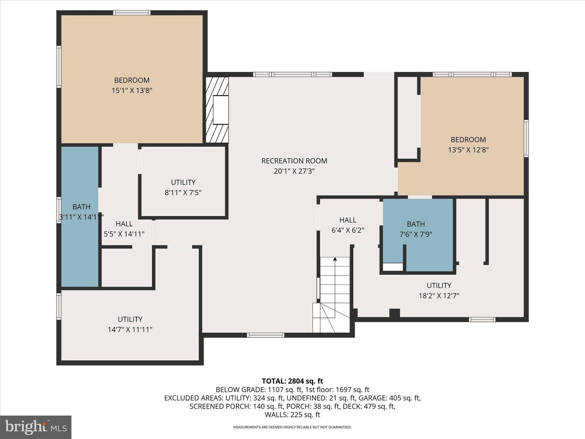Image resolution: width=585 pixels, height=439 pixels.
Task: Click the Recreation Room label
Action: (x=294, y=161)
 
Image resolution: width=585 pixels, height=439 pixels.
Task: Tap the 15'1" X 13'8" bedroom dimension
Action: (x=132, y=91)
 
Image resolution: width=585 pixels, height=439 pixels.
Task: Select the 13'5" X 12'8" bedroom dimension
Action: (x=468, y=150)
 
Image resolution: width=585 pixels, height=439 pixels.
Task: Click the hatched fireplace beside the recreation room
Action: (x=217, y=110)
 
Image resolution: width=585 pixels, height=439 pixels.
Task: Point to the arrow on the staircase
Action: (x=335, y=259)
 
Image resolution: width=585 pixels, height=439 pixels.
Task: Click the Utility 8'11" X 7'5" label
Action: (x=183, y=187)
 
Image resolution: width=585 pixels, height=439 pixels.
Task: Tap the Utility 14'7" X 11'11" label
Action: (x=130, y=324)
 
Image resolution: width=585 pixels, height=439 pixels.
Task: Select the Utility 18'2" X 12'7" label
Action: (x=439, y=291)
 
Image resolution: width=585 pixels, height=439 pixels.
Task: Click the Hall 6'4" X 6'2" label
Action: (x=348, y=225)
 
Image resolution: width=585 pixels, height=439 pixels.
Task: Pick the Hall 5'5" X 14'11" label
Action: (x=124, y=229)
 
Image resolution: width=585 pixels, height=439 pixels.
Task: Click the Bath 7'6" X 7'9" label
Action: (x=416, y=229)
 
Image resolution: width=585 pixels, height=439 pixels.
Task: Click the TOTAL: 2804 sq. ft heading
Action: (x=292, y=381)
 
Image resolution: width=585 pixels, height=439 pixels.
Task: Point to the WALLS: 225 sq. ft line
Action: (x=292, y=415)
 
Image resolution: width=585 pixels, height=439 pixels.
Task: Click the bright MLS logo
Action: (x=36, y=427)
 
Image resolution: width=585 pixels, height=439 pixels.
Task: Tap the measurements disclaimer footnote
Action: (x=292, y=427)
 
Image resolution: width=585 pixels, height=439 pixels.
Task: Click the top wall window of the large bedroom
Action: (x=132, y=13)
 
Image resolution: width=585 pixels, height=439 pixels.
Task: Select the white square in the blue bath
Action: (x=392, y=267)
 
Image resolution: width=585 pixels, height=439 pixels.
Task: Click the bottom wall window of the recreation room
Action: (x=265, y=335)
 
